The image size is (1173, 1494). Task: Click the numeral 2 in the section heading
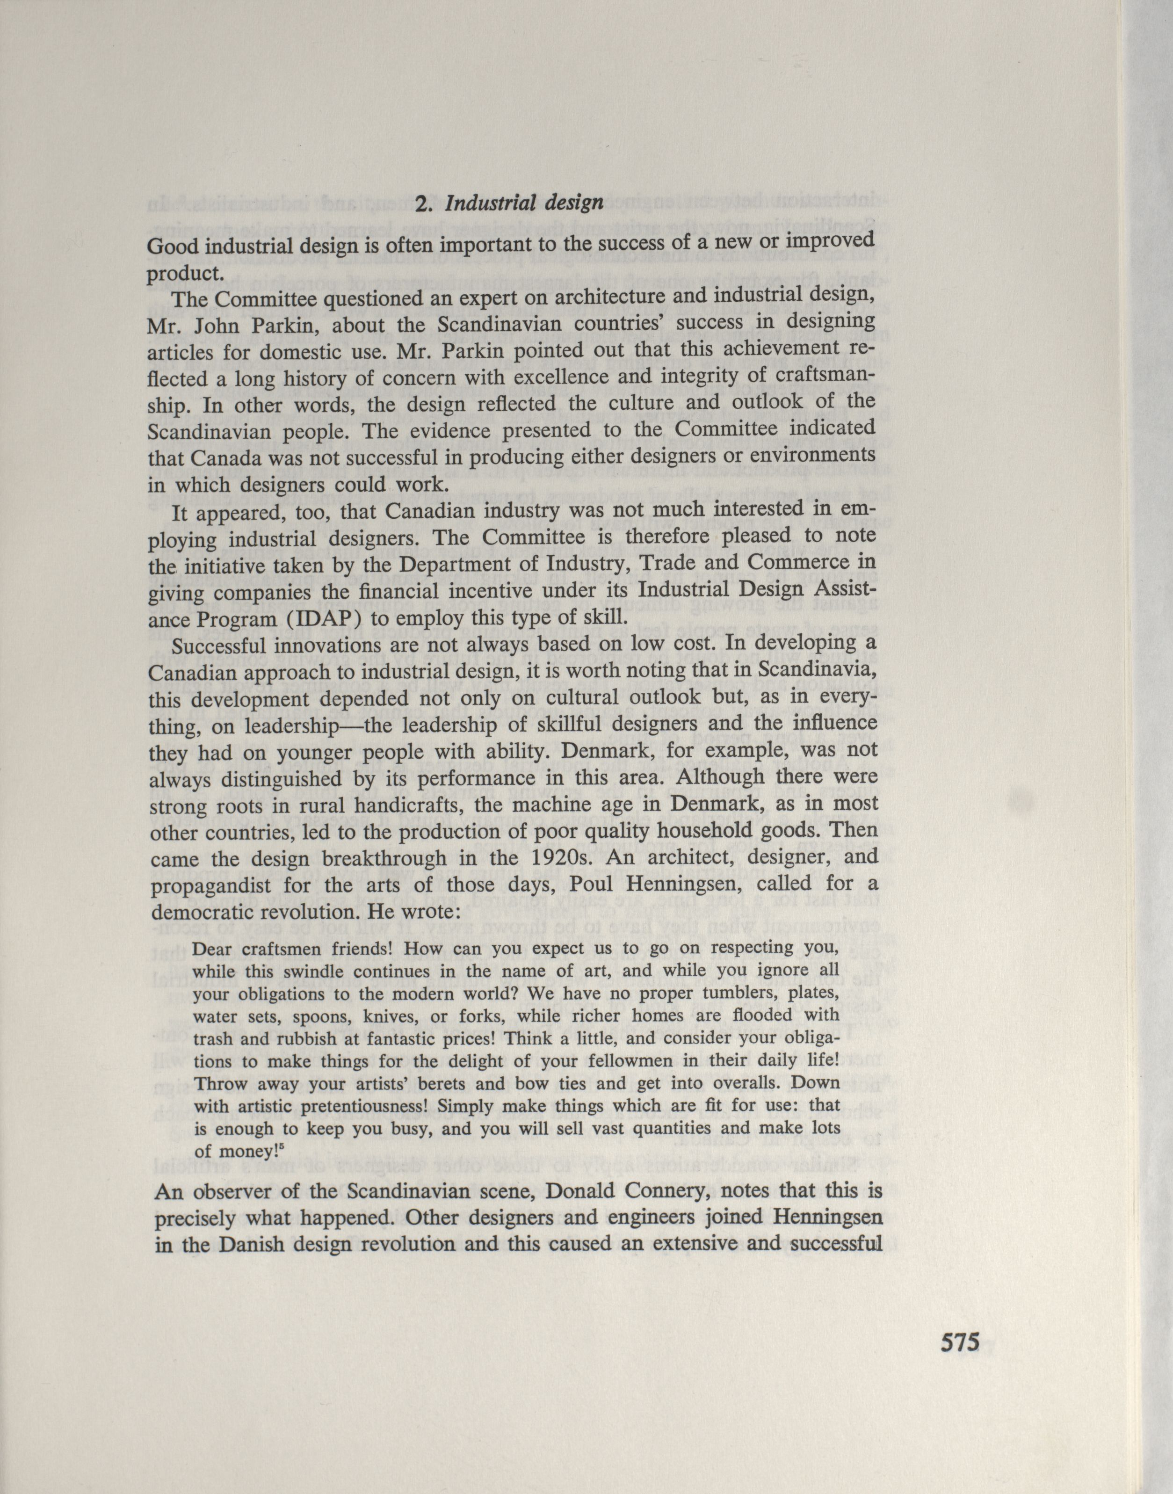click(x=423, y=203)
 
